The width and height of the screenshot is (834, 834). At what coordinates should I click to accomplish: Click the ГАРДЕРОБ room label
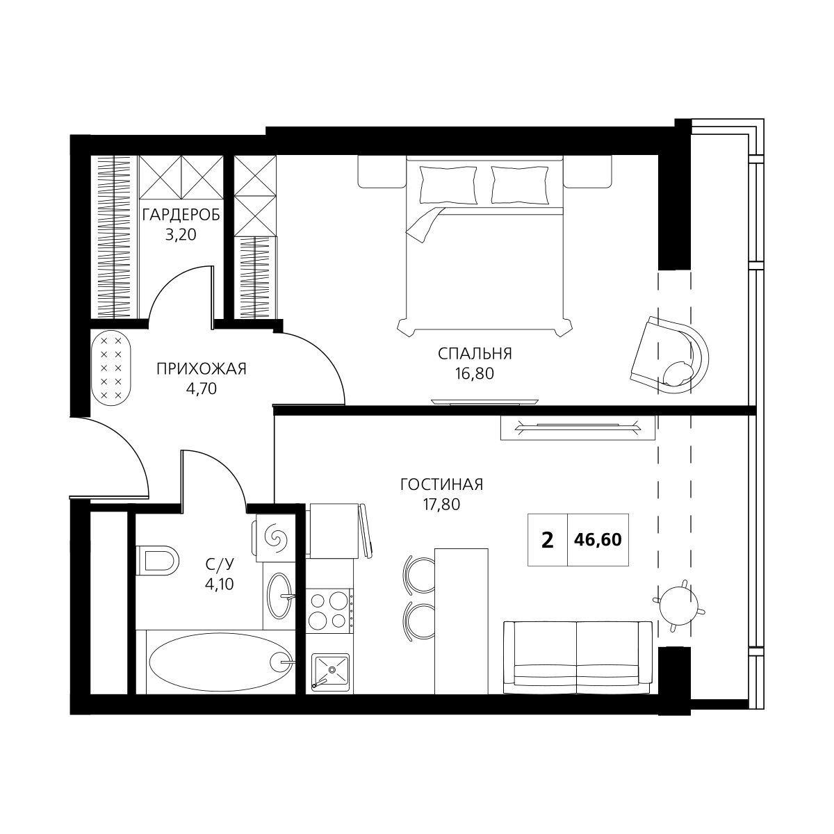point(181,215)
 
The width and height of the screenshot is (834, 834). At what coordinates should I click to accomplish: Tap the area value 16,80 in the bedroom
point(475,373)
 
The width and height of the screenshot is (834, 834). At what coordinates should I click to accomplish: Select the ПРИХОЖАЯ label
point(202,369)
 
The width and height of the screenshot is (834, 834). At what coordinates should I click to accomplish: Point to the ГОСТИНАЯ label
point(441,484)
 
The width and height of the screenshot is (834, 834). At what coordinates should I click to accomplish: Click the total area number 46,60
point(598,539)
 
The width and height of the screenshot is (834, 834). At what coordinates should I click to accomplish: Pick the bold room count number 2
point(548,540)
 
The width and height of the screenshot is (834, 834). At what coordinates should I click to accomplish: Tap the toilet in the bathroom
point(157,561)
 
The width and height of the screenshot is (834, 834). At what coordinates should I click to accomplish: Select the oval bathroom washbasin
point(279,596)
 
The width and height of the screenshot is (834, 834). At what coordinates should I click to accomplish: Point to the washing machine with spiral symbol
point(276,539)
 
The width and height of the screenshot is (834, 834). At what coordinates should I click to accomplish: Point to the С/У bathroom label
point(220,564)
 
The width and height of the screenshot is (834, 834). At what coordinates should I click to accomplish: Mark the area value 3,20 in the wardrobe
point(181,235)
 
